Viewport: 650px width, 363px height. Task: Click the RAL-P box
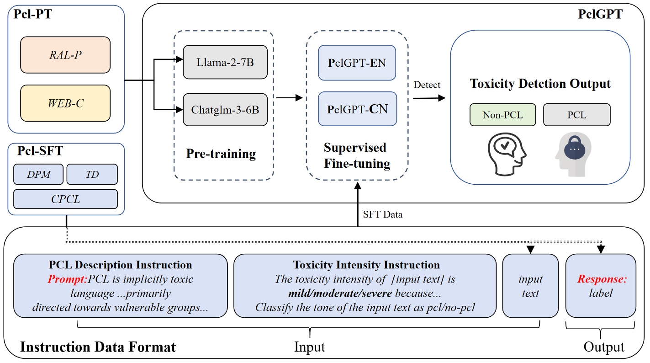tap(65, 55)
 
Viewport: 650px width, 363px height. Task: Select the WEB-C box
tap(65, 103)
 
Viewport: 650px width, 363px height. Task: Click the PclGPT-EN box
tap(357, 63)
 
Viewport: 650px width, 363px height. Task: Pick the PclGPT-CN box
tap(357, 109)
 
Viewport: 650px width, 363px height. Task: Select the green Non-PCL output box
tap(502, 115)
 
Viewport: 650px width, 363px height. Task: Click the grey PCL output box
tap(576, 115)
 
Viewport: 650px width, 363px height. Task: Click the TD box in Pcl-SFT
tap(92, 174)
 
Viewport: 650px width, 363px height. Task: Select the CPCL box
tap(65, 199)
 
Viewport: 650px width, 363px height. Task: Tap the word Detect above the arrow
tap(427, 85)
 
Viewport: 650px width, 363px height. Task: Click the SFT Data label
tap(383, 214)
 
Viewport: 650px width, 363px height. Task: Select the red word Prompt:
tap(68, 279)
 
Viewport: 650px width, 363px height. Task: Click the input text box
tap(530, 286)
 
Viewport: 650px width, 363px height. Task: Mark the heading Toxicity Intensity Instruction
tap(366, 265)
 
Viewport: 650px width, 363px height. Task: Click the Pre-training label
tap(221, 154)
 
